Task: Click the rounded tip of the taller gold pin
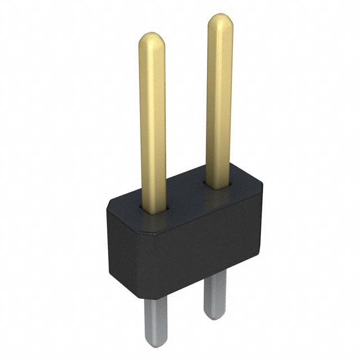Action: pos(220,21)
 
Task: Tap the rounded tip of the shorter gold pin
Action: pos(152,40)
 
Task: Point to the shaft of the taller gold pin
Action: pos(219,101)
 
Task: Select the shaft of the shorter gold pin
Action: pos(152,124)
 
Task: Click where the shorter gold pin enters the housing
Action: pos(154,209)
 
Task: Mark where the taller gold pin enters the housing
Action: pos(219,184)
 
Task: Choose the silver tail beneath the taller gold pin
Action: pos(215,292)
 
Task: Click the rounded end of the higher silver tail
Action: pos(215,315)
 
